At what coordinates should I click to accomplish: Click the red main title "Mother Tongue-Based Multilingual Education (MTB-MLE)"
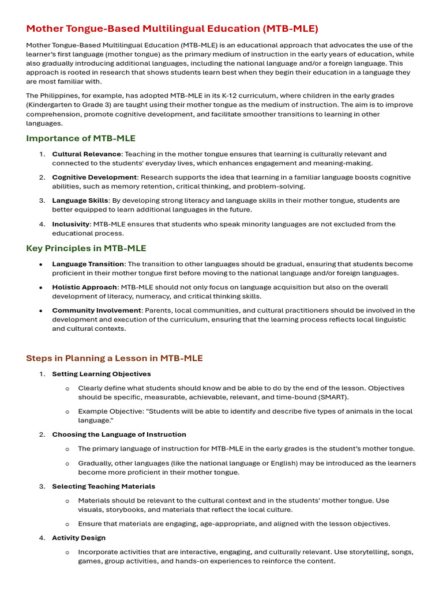click(x=172, y=28)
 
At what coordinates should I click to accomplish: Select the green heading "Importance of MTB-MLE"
click(x=81, y=138)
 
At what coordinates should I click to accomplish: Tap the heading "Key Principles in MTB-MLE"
click(x=86, y=248)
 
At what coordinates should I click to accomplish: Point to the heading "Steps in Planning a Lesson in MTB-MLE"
click(x=114, y=358)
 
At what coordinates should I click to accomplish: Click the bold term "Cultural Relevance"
click(x=87, y=154)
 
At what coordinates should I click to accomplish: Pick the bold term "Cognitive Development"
click(x=95, y=177)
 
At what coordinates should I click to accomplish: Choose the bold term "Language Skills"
click(x=80, y=201)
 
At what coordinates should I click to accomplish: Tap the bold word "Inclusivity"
click(x=71, y=224)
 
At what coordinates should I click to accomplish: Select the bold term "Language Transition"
click(x=88, y=264)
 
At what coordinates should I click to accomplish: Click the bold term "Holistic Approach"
click(x=85, y=287)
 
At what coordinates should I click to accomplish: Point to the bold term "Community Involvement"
click(x=96, y=311)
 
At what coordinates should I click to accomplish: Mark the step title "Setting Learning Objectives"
click(x=102, y=374)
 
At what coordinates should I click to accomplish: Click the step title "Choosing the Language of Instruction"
click(x=119, y=434)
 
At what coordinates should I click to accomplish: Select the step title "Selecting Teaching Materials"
click(x=104, y=486)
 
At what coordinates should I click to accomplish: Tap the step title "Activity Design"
click(x=79, y=538)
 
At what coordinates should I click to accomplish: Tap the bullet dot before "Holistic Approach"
click(x=41, y=287)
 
